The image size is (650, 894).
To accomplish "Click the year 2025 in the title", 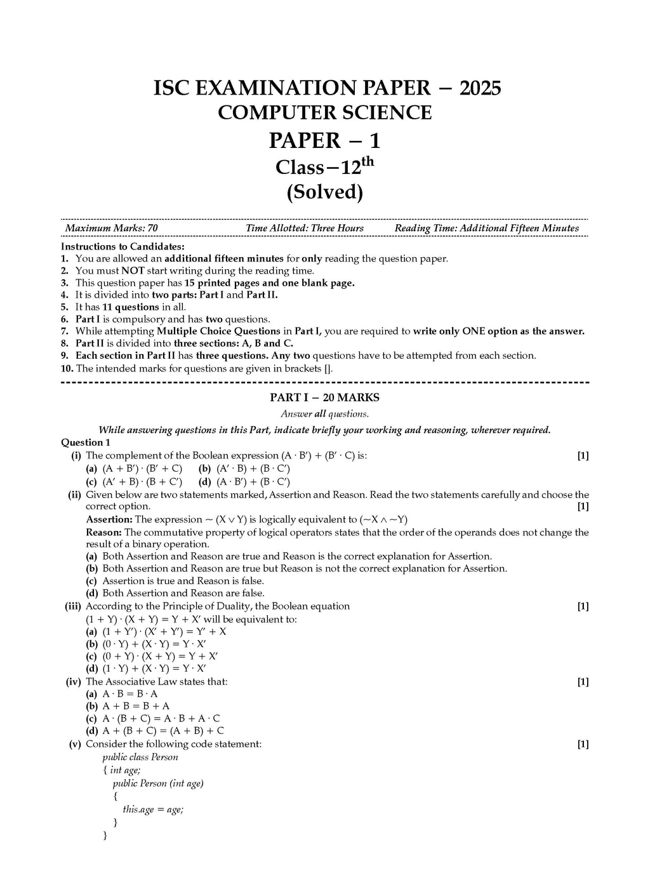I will coord(480,88).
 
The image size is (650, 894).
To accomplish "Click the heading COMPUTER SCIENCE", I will coord(324,112).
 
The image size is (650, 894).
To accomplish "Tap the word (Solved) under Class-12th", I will coord(324,192).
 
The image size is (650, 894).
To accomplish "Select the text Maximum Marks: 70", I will coord(112,228).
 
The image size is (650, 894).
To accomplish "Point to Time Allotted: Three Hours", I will coord(305,228).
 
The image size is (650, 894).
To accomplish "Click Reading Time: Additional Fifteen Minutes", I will coord(486,228).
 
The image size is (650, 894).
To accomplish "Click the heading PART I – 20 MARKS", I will coord(324,397).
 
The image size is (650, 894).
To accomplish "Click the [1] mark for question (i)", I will coord(583,455).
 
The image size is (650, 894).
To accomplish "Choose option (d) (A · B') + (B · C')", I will coord(244,482).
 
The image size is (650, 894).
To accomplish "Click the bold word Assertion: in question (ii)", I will coord(109,519).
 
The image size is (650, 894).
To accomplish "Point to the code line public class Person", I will coord(140,757).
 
